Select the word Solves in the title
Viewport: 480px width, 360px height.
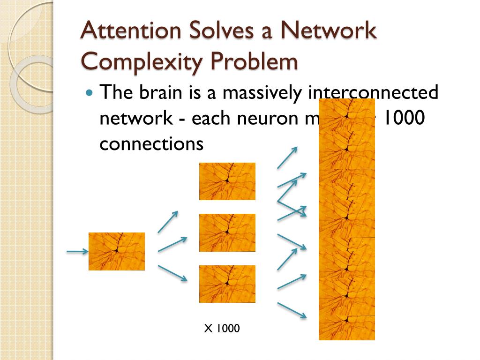[x=209, y=31]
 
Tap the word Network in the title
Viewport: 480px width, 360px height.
[x=330, y=31]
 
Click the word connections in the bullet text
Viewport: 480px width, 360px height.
[x=151, y=143]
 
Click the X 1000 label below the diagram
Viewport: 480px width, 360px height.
[x=222, y=329]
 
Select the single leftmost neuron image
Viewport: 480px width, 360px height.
[x=117, y=251]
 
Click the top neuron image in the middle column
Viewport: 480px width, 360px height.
[x=227, y=181]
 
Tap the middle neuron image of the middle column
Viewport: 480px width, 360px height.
[x=227, y=232]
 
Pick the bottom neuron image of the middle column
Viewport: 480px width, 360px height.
[x=227, y=284]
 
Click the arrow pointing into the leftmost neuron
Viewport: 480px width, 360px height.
[x=77, y=252]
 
